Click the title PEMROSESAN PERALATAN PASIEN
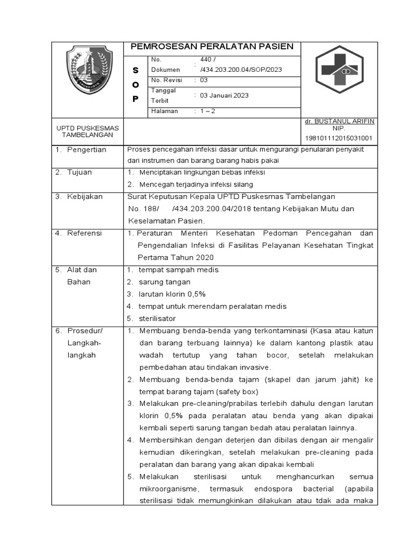(x=212, y=47)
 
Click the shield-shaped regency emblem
(x=89, y=70)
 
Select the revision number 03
(x=204, y=80)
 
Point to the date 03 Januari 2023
(x=224, y=95)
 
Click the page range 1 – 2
(x=208, y=112)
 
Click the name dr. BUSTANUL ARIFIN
(x=339, y=122)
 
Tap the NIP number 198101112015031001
(x=339, y=138)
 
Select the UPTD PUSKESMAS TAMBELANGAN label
(x=88, y=131)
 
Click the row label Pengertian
(x=86, y=150)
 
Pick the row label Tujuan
(x=79, y=172)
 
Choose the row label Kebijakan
(x=85, y=197)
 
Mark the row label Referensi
(x=84, y=233)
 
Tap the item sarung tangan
(x=165, y=282)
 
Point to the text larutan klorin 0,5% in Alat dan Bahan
(x=172, y=294)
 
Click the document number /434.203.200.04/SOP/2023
(x=241, y=70)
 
